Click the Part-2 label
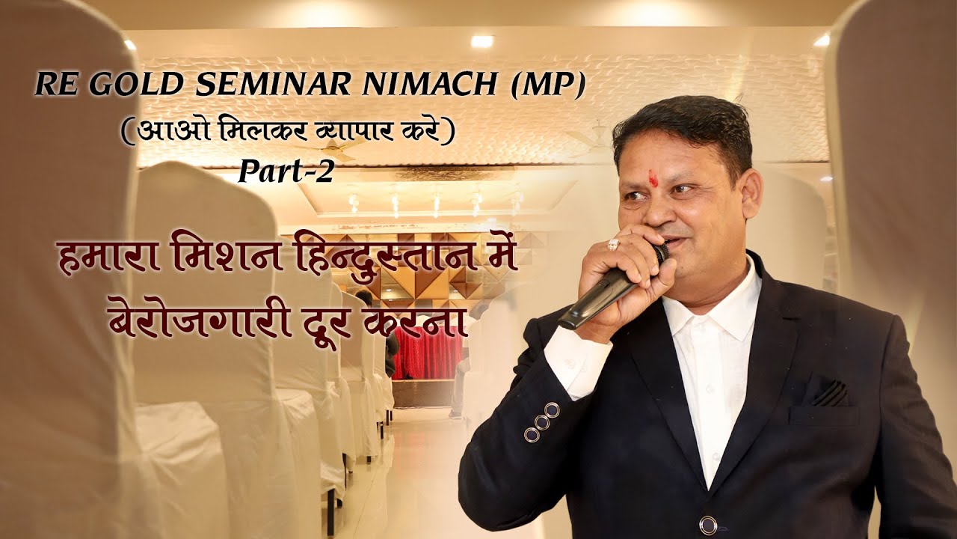[286, 172]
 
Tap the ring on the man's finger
[613, 244]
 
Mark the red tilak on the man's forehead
[653, 178]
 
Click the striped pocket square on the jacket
[829, 394]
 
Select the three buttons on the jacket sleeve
[541, 423]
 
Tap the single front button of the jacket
[708, 524]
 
